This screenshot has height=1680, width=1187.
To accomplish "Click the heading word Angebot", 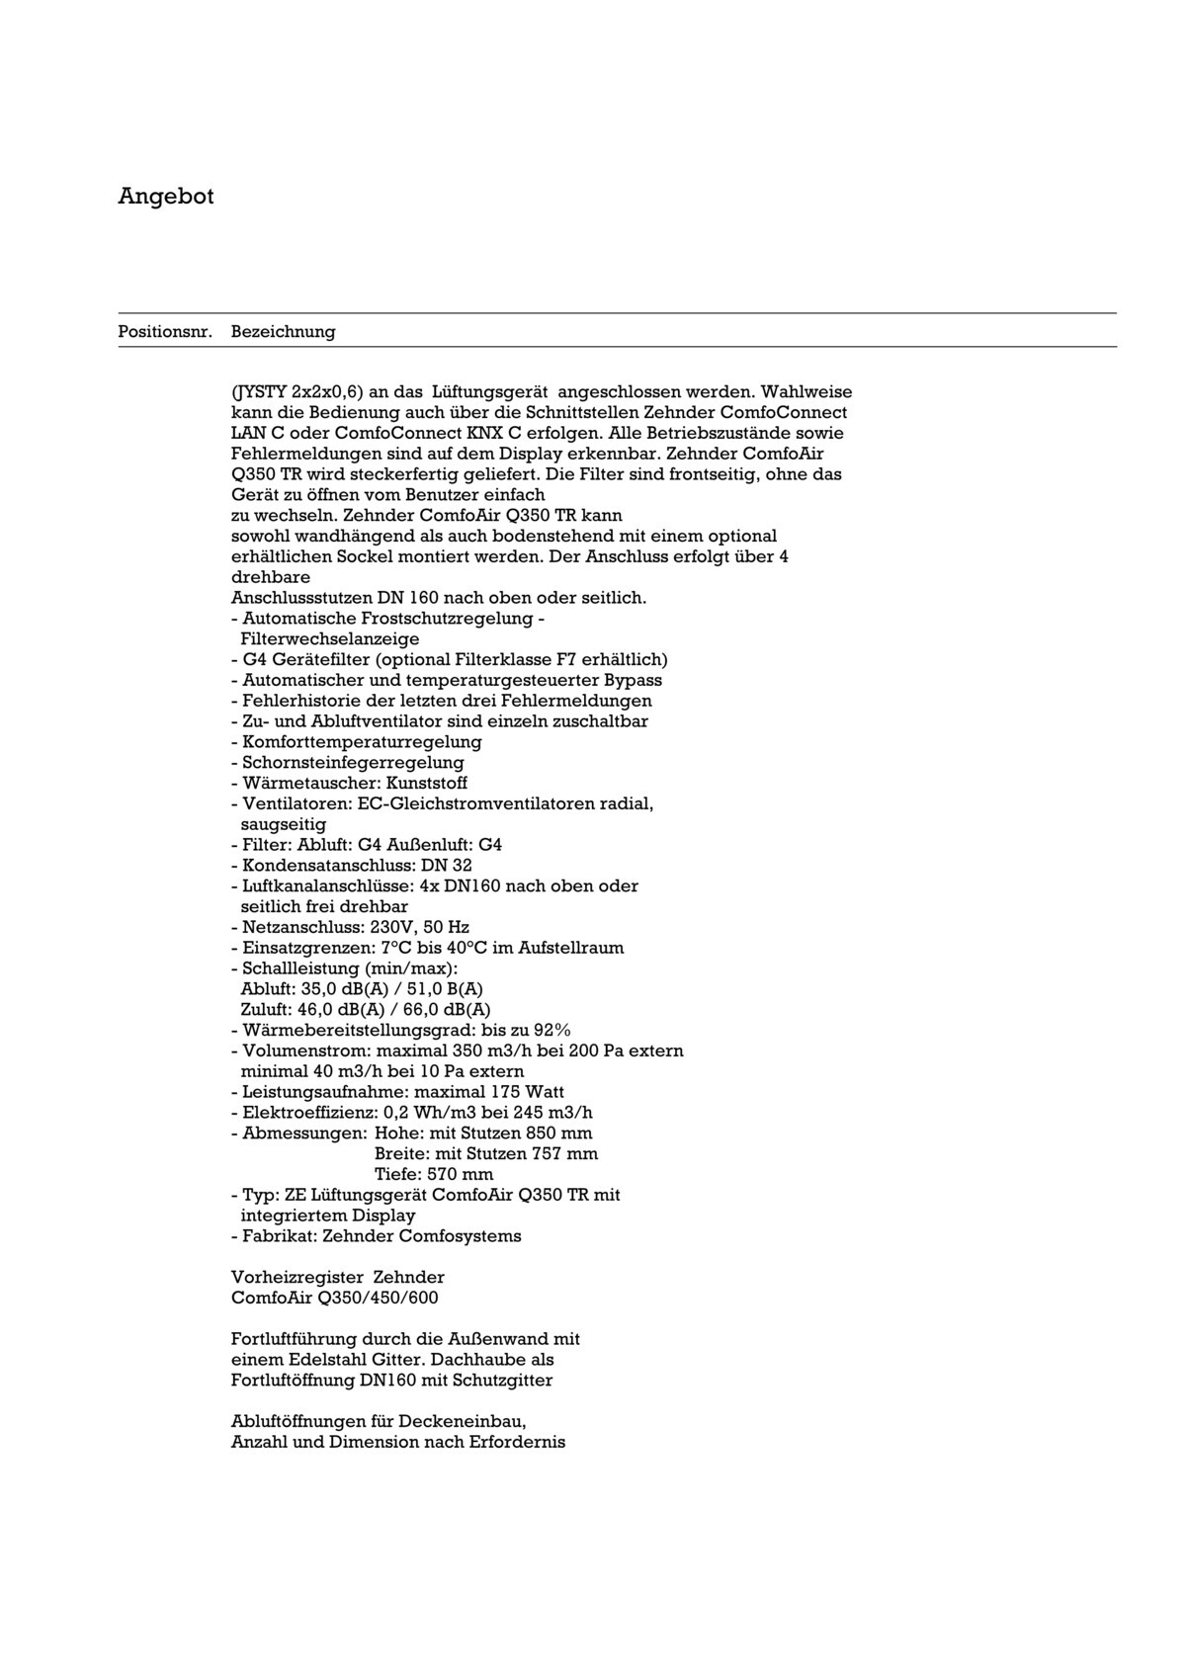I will coord(166,196).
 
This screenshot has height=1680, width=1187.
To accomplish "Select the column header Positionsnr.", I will coord(165,332).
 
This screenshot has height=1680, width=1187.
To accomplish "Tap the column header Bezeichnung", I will coord(283,332).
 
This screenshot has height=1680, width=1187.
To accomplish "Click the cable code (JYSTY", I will coord(259,392).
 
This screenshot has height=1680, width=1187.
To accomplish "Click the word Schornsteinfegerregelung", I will coord(353,763).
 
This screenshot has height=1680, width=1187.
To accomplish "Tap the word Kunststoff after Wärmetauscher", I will coord(426,784).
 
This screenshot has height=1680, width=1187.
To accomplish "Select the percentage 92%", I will coord(551,1030).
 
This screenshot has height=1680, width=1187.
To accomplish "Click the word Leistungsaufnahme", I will coord(322,1092).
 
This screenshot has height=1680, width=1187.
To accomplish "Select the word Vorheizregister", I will coord(297,1278).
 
